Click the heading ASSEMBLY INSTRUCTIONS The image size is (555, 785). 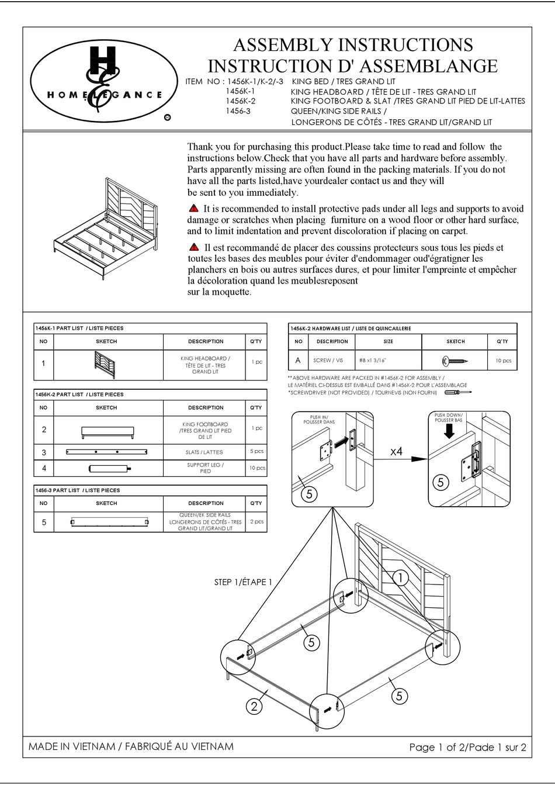353,45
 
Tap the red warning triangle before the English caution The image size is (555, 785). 194,209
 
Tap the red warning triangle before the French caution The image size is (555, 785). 194,247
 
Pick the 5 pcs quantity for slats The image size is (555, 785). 256,451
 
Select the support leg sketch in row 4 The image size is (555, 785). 109,468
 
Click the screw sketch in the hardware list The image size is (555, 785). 456,361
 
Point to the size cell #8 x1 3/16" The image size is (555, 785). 388,361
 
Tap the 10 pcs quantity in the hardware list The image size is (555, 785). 502,361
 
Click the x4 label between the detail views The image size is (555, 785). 397,452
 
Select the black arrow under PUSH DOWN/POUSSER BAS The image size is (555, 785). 449,431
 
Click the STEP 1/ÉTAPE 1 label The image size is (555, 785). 243,582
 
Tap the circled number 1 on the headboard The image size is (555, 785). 400,578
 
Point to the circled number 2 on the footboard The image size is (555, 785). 254,707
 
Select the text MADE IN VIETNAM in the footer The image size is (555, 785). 72,746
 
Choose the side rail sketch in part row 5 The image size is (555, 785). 109,522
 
